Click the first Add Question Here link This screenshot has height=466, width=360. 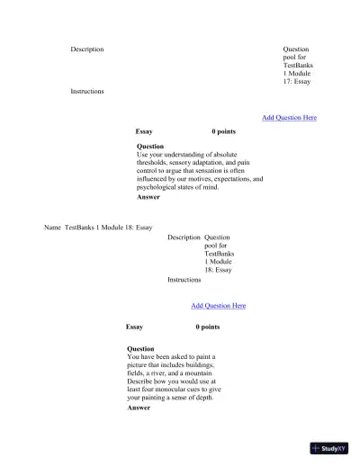pos(289,118)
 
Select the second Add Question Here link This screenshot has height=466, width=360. pos(218,306)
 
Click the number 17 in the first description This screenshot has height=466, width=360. pos(290,82)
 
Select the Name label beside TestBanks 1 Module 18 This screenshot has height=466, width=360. pos(52,228)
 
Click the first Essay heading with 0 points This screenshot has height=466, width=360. pos(144,132)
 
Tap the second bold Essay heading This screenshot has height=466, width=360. pos(134,327)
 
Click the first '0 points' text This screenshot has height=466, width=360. pos(223,132)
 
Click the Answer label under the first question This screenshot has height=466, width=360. pos(148,197)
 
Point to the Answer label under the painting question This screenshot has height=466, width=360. pos(139,408)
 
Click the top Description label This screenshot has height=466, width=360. pos(87,49)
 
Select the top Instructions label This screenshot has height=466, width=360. pos(87,91)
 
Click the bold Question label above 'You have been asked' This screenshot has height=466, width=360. pos(140,348)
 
